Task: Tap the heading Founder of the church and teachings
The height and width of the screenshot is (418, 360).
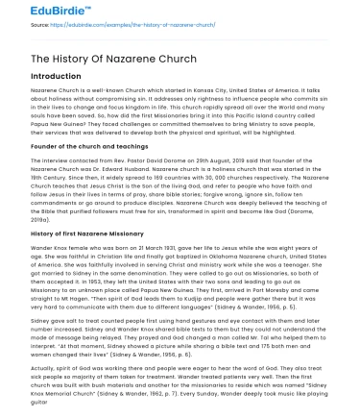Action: tap(78, 146)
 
